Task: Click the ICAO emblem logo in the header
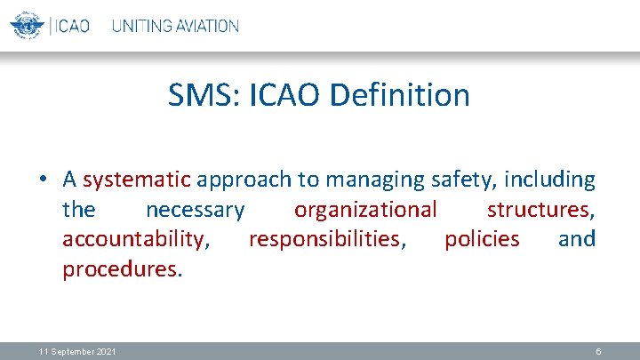[x=26, y=25]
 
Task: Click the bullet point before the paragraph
[x=42, y=180]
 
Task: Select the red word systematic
[x=137, y=180]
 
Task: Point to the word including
[x=550, y=180]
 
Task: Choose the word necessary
[x=195, y=211]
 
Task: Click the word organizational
[x=365, y=211]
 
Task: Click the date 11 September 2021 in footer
[x=76, y=352]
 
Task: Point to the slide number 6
[x=599, y=352]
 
